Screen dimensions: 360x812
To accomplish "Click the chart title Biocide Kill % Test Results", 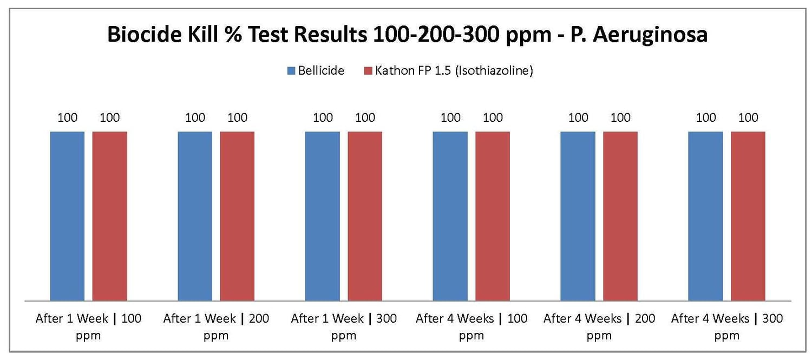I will tap(407, 35).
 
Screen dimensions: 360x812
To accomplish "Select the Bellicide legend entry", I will tap(320, 71).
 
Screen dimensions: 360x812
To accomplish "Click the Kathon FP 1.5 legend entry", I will tap(454, 71).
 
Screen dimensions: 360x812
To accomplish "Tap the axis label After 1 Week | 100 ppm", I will tap(88, 326).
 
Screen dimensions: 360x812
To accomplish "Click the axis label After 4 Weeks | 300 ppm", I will tap(726, 326).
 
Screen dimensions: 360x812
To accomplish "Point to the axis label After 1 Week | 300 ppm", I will tap(344, 326).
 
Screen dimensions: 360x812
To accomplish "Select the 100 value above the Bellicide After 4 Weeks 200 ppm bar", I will tap(578, 117).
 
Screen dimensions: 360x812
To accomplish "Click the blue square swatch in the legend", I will tap(291, 71).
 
